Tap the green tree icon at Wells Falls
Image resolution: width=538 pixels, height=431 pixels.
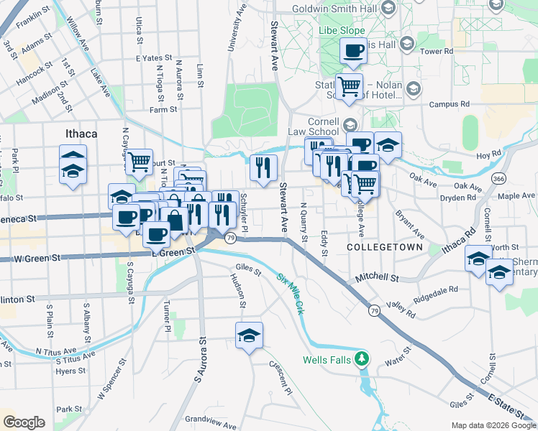coord(364,357)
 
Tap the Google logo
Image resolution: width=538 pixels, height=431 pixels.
coord(24,422)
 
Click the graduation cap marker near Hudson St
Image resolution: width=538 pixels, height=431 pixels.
coord(250,335)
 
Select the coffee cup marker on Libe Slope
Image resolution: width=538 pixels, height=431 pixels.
coord(353,51)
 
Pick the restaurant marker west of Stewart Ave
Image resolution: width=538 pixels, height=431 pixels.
coord(263,167)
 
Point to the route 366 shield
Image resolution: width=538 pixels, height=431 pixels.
coord(497,177)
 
